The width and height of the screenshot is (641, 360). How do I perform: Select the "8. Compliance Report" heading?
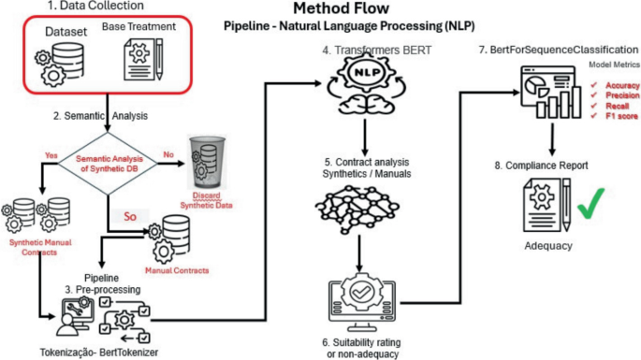(x=543, y=165)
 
